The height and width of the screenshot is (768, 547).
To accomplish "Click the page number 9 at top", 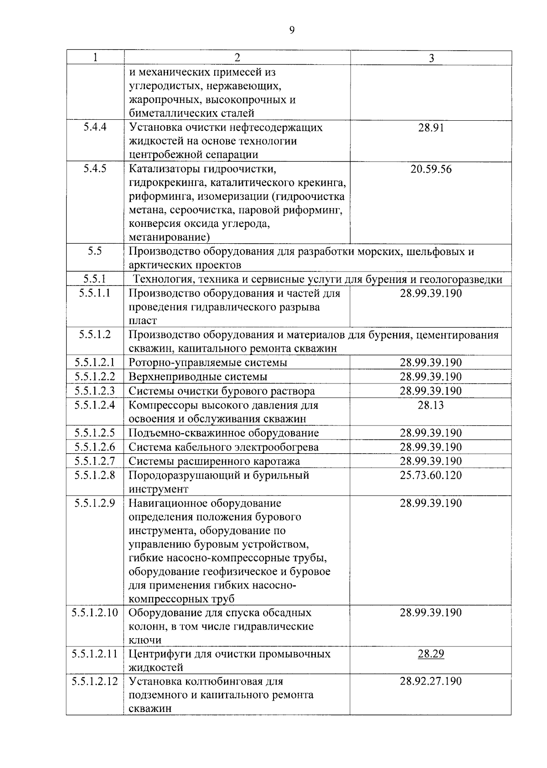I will point(292,31).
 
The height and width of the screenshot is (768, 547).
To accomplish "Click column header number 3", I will point(431,58).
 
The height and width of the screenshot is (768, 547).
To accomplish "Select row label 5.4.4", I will point(95,127).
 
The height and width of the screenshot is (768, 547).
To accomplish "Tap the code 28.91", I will point(431,128).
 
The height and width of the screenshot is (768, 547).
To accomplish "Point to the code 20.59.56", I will point(431,169).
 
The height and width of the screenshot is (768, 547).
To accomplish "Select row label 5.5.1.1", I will point(95,293).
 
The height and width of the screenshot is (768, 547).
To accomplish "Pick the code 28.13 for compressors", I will point(431,405).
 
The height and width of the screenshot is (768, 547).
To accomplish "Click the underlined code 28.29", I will point(431,654).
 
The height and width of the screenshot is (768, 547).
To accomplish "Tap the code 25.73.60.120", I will point(431,475).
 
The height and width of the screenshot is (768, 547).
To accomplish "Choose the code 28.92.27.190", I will point(431,681).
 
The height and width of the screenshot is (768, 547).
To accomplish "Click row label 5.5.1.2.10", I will point(95,613).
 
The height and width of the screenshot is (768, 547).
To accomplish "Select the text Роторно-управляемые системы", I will point(208,363).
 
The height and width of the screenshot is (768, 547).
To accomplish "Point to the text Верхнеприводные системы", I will point(198,377).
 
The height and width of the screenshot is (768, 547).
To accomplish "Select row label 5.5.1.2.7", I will point(95,461).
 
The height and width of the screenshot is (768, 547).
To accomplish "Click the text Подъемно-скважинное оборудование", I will point(223,433).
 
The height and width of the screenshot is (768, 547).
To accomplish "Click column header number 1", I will point(95,57).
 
